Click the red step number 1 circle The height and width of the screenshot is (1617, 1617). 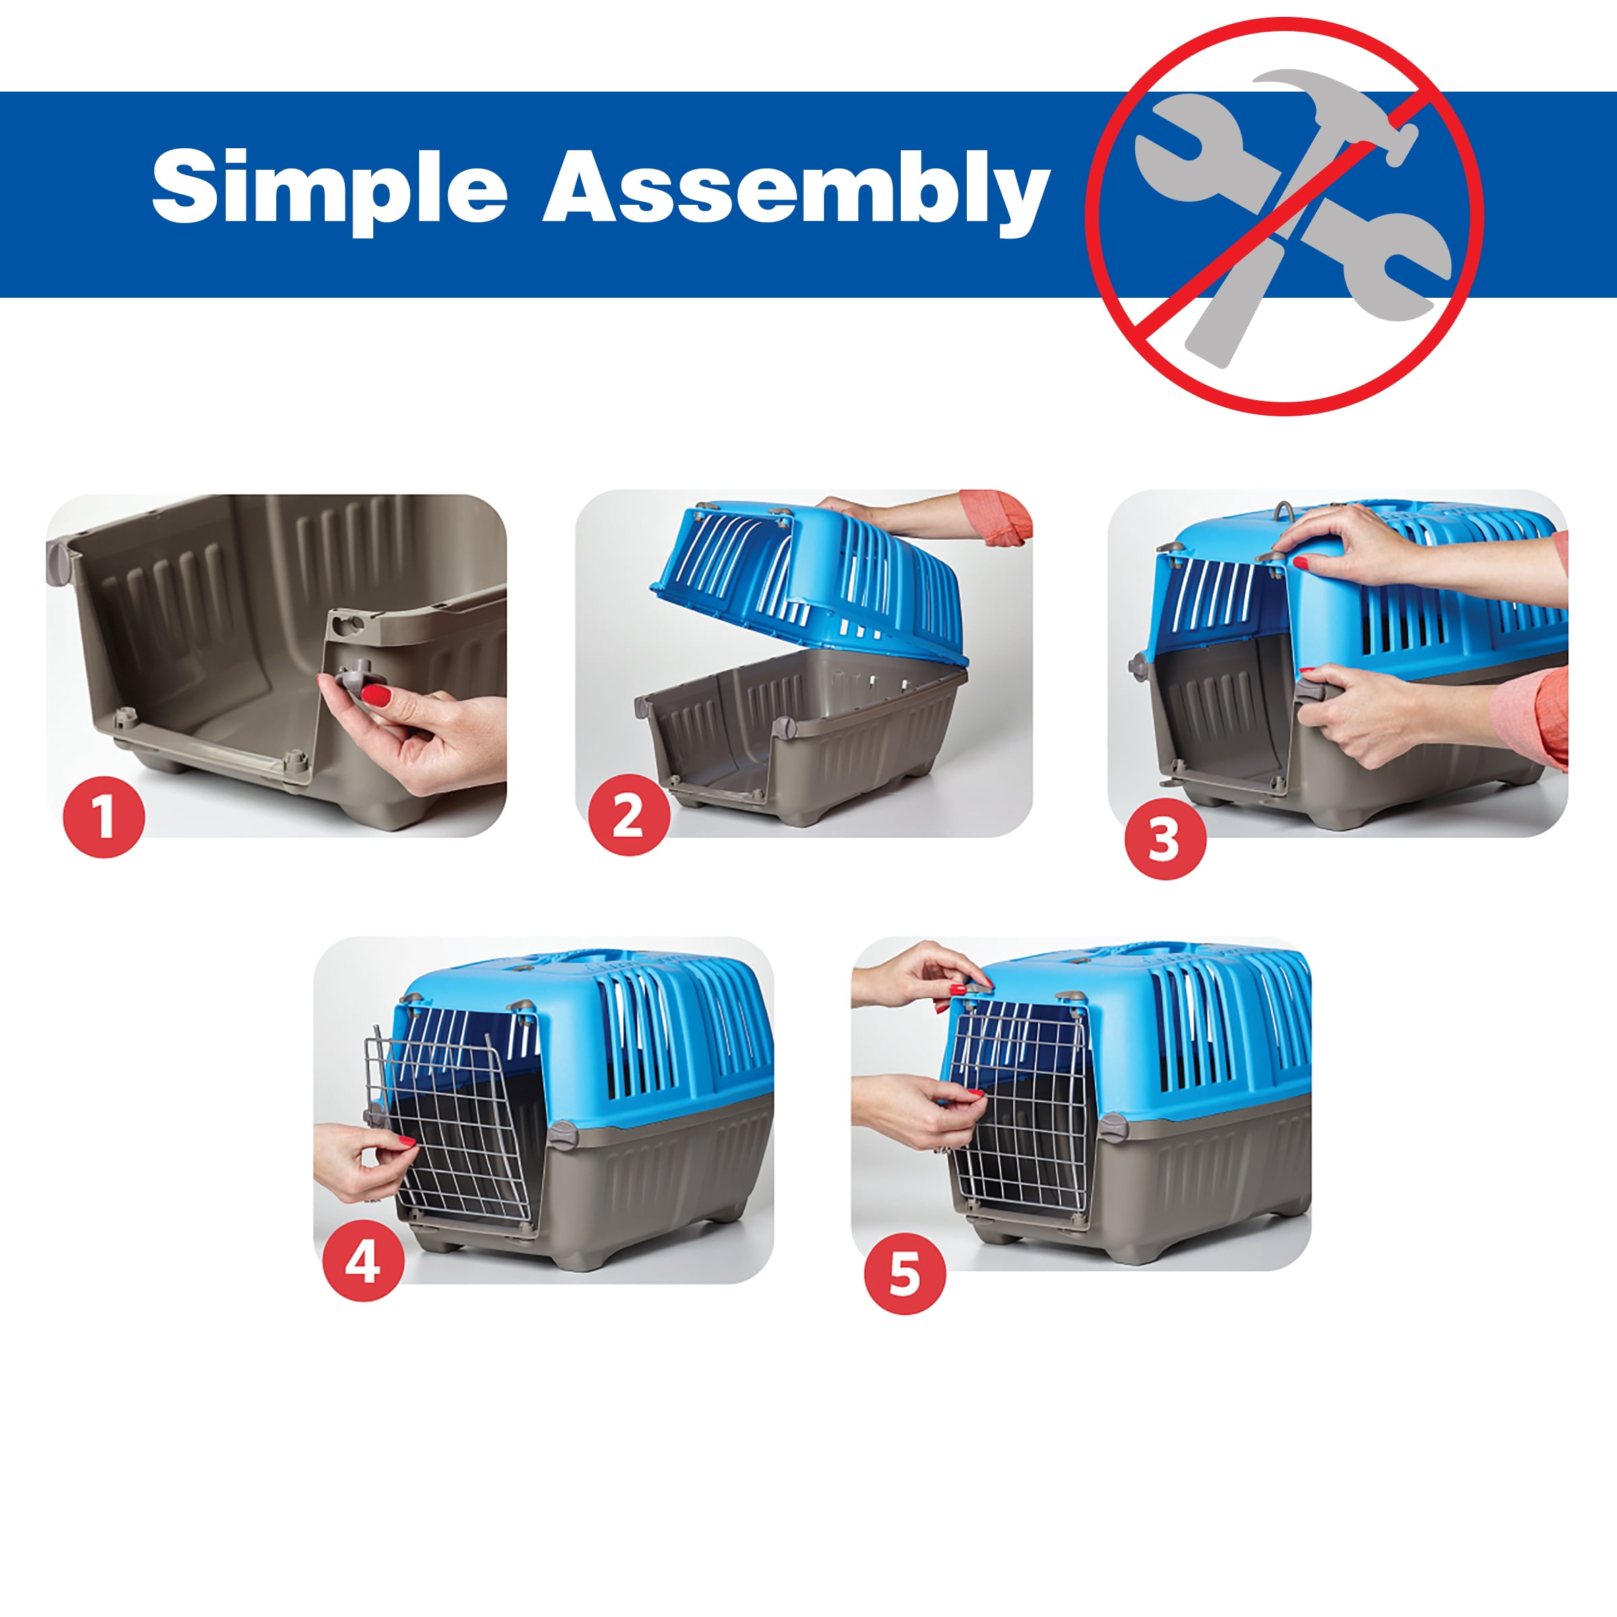click(x=104, y=816)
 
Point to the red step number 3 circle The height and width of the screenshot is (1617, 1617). click(x=1165, y=839)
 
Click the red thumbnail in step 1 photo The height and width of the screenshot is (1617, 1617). click(x=376, y=694)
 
